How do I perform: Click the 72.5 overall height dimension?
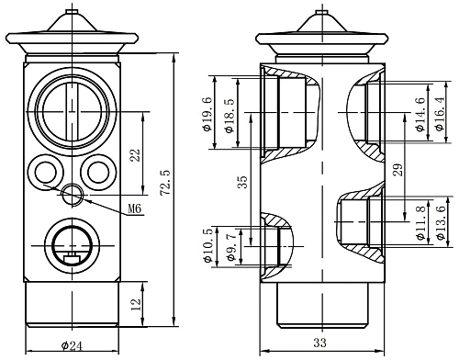tap(165, 182)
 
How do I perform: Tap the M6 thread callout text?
tap(135, 208)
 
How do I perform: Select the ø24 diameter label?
tap(72, 346)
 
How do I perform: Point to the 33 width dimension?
tap(319, 343)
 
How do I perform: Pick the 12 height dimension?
tap(136, 305)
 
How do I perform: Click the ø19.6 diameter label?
tap(207, 114)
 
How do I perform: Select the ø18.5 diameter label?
tap(229, 116)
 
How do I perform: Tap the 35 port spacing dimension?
tap(242, 182)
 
